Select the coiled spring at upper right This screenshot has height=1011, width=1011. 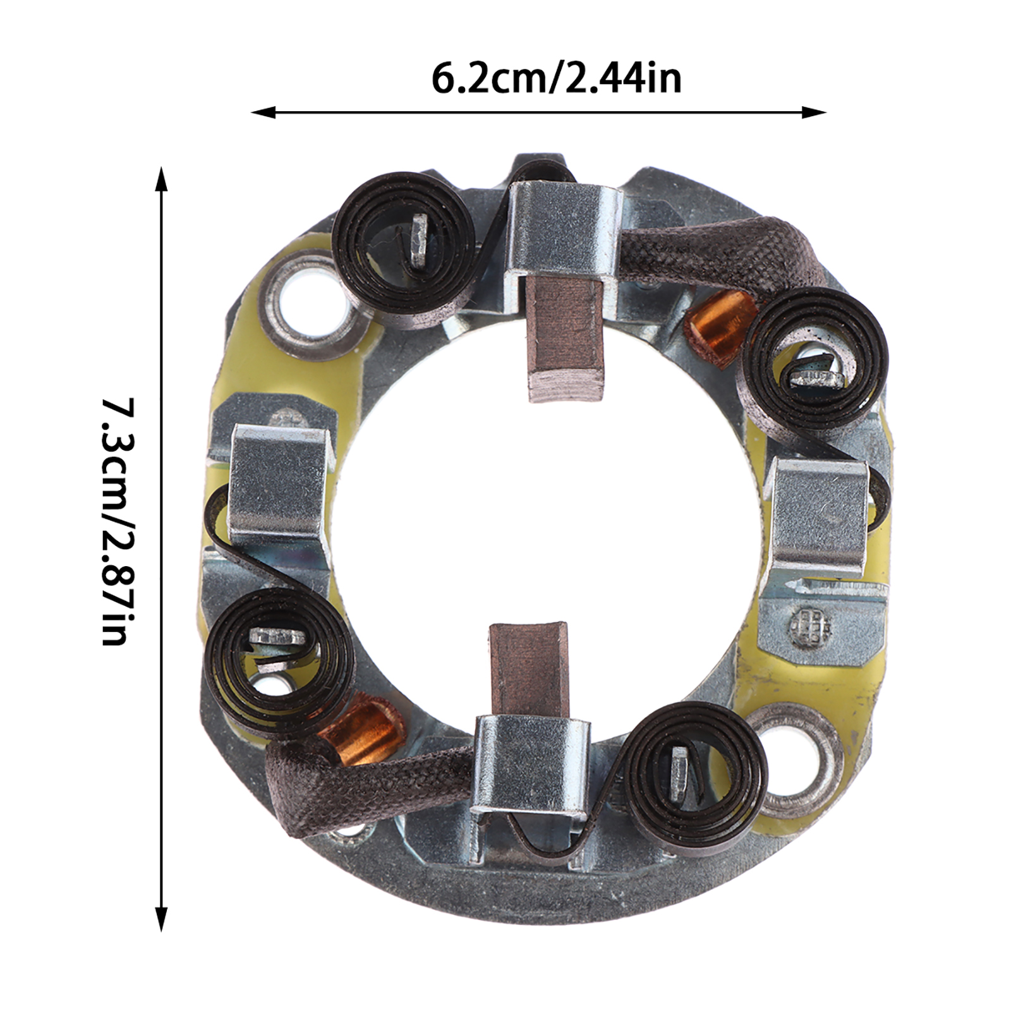pyautogui.click(x=816, y=362)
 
